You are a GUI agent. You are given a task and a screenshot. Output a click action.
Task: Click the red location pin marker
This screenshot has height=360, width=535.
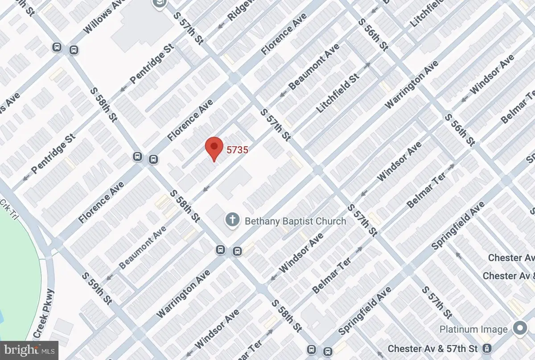click(x=214, y=148)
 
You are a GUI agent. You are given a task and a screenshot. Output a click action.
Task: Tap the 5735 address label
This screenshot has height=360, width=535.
click(x=237, y=150)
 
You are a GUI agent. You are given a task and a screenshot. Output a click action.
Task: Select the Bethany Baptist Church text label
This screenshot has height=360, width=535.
click(x=295, y=221)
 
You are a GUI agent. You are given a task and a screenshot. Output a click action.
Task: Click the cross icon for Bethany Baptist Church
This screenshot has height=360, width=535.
click(x=231, y=219)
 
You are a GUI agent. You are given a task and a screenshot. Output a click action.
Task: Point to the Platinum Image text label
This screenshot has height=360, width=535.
click(x=473, y=330)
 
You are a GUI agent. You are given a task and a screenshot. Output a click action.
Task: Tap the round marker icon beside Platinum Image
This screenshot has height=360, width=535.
click(x=519, y=328)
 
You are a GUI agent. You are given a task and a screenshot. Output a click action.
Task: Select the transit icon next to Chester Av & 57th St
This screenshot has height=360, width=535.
click(x=489, y=348)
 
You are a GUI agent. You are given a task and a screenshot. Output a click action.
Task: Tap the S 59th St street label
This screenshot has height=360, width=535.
click(x=97, y=290)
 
